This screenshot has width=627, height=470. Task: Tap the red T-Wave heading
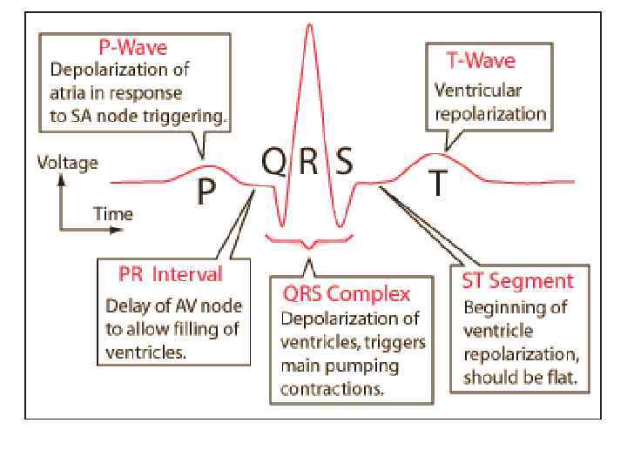481,60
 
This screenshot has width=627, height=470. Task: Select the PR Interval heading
171,274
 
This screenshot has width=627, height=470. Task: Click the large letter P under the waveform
206,191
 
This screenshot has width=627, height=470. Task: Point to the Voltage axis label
67,163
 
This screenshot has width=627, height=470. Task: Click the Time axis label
113,214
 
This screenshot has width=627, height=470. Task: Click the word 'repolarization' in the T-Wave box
490,113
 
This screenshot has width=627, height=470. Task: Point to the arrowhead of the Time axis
118,231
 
